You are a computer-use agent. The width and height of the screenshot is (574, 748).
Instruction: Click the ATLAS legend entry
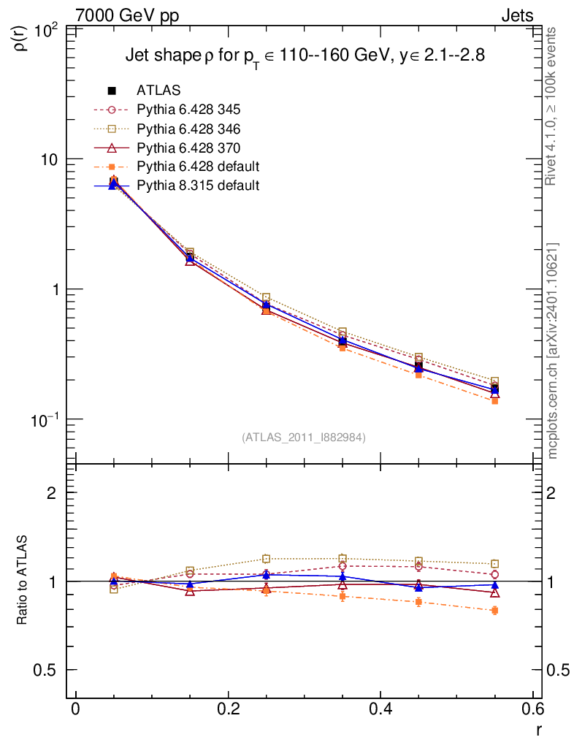(158, 91)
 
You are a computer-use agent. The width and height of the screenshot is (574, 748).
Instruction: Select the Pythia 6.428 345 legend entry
(188, 110)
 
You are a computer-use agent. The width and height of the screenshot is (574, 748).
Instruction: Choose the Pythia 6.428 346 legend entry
(188, 129)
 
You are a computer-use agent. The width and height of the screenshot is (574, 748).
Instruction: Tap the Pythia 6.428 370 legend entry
(188, 148)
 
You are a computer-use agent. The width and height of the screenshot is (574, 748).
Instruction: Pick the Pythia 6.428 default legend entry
(198, 167)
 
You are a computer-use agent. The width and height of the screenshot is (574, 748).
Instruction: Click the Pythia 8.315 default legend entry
(198, 186)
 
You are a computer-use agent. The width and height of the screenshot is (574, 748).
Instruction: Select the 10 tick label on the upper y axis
(51, 160)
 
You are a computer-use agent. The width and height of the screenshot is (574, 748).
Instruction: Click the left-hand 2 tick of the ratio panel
(53, 493)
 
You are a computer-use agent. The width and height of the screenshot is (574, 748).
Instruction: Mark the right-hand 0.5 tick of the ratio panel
(559, 671)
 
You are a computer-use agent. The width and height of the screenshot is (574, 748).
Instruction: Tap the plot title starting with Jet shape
(305, 56)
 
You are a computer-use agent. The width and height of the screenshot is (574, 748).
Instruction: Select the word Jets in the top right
(516, 15)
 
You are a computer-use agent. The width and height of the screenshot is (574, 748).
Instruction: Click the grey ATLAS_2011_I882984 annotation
(304, 437)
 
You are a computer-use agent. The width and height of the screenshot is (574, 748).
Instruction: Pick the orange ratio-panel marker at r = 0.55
(495, 611)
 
